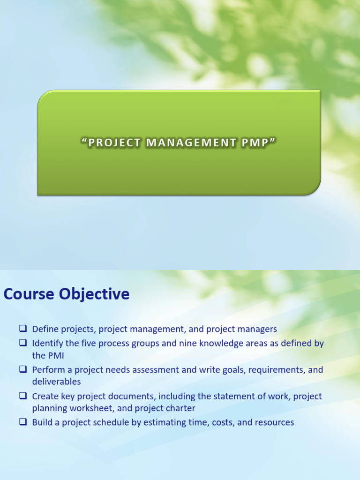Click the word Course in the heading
(29, 294)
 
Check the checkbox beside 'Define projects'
(23, 329)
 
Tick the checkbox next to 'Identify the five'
(23, 343)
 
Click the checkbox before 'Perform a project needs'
(23, 369)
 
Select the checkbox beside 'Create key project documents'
(23, 396)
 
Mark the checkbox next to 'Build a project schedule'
(23, 422)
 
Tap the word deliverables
(56, 382)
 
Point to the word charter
(180, 408)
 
